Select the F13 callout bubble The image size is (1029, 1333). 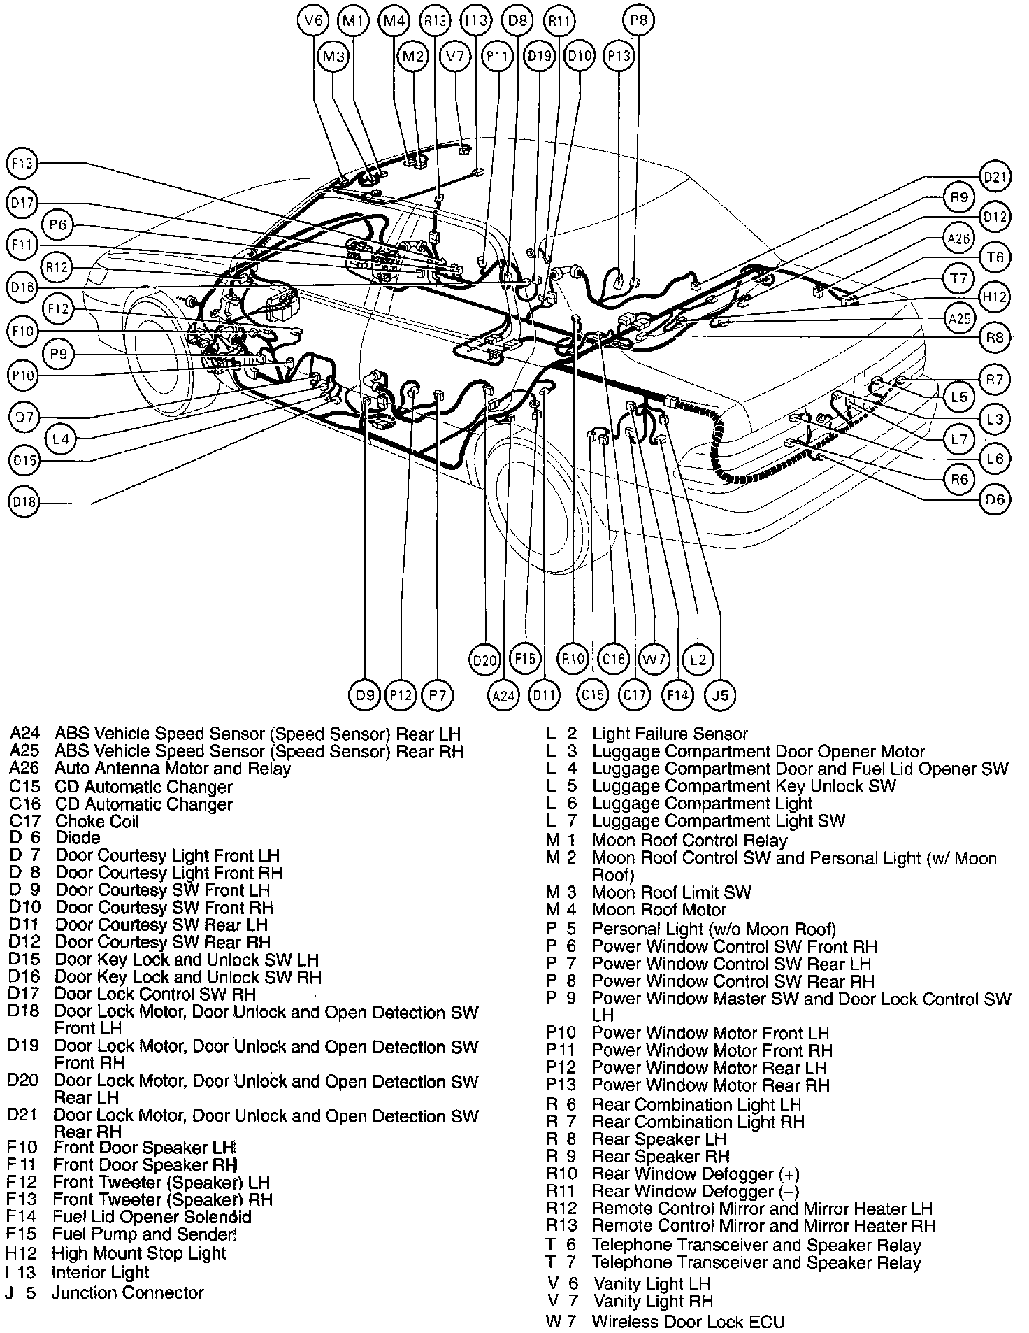22,164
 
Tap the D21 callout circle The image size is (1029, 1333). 995,178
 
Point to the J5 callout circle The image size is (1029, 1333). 721,695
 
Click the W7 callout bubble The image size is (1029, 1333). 654,659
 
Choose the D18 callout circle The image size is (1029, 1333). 24,501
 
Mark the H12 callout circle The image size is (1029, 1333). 994,297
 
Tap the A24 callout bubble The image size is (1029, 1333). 503,695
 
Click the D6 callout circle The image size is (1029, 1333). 994,499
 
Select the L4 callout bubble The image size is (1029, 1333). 61,439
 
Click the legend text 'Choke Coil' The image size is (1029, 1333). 97,821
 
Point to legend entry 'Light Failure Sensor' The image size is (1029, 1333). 670,734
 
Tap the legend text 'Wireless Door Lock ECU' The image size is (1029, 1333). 688,1321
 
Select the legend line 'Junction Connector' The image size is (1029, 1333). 127,1292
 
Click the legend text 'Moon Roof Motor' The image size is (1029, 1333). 659,910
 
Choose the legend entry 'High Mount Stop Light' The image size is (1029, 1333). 139,1253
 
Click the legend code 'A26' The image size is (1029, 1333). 25,769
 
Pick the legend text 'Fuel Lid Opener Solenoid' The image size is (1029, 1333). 152,1217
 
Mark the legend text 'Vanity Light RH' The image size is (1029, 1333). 653,1301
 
